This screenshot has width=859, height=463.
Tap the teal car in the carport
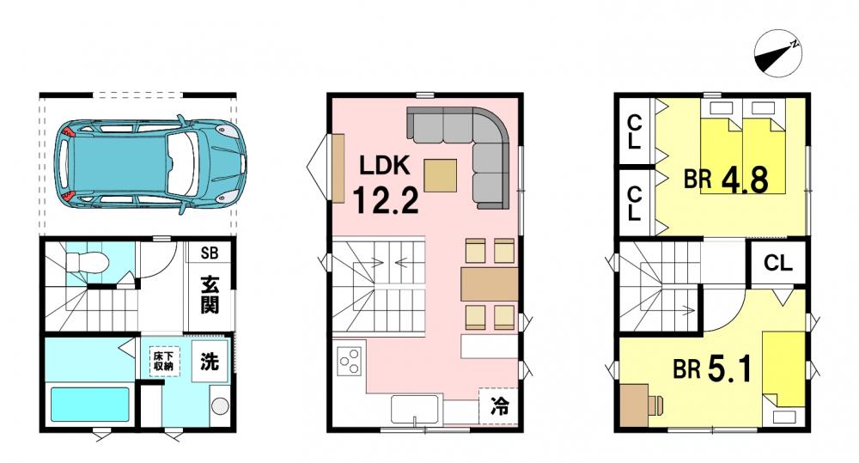150,164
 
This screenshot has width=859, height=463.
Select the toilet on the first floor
87,262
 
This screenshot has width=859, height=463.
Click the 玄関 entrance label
210,295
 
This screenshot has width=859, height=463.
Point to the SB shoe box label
210,253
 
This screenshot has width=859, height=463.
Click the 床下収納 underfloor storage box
163,362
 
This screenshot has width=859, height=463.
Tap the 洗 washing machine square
210,362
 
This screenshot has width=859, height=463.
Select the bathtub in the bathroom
90,405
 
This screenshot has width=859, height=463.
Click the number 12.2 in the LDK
385,200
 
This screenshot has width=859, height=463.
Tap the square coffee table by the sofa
440,175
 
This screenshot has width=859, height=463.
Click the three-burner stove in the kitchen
350,362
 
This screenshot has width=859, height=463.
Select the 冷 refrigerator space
498,406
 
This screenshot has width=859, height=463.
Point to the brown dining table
490,283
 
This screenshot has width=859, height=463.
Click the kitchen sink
415,409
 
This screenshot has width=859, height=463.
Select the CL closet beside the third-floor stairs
778,263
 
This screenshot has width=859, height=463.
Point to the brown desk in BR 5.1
635,405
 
